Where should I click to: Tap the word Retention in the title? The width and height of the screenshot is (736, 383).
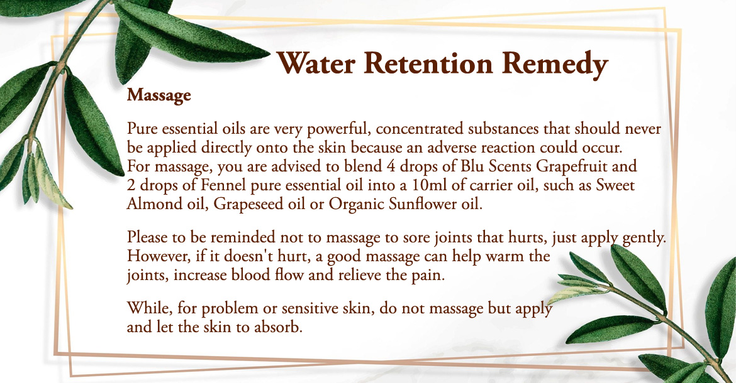point(428,63)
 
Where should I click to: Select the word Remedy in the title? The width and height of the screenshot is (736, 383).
point(555,65)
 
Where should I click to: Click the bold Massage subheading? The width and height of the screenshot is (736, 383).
point(159,95)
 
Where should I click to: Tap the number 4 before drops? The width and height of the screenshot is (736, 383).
point(391,166)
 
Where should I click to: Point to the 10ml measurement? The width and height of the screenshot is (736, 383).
point(430,185)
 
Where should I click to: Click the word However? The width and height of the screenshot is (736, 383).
point(156,256)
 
